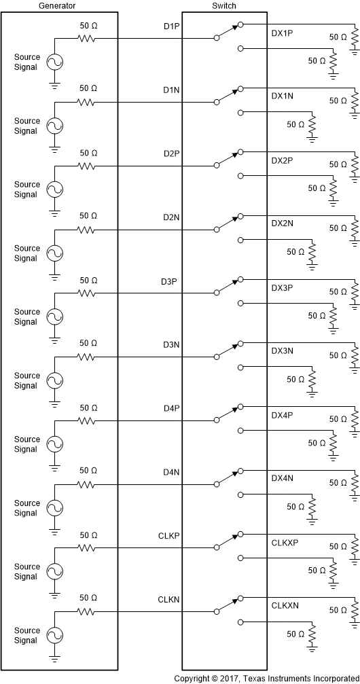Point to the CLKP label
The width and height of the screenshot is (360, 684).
click(x=168, y=537)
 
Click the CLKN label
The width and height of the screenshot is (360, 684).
click(x=168, y=600)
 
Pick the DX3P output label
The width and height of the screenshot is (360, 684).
click(x=282, y=288)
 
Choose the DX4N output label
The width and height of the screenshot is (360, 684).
click(x=282, y=479)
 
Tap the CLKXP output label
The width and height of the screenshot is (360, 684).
click(x=285, y=543)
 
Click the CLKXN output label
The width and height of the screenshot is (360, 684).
click(x=285, y=606)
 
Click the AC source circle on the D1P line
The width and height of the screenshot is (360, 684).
click(x=54, y=62)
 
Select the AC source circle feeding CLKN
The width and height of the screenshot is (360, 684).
click(x=54, y=635)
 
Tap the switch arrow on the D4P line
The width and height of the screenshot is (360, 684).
click(x=238, y=408)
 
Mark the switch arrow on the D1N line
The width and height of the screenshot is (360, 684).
click(x=238, y=90)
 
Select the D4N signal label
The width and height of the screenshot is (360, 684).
click(x=171, y=473)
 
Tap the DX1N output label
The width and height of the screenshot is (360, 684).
click(x=282, y=97)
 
